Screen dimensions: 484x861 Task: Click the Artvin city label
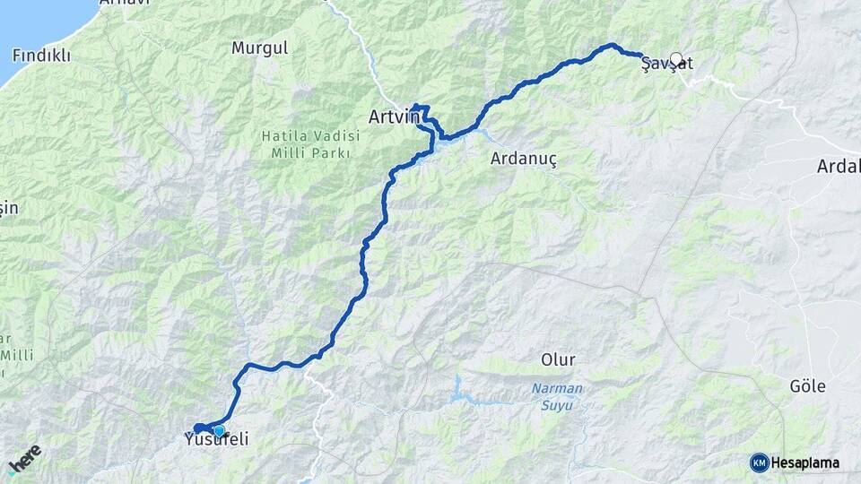pyautogui.click(x=395, y=117)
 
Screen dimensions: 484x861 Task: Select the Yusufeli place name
pyautogui.click(x=215, y=440)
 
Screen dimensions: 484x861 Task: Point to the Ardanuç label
pyautogui.click(x=524, y=160)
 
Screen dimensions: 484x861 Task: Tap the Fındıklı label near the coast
pyautogui.click(x=41, y=55)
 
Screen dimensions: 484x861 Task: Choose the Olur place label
pyautogui.click(x=558, y=359)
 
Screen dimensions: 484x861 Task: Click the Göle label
pyautogui.click(x=807, y=386)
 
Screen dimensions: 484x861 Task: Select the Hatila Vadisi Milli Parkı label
pyautogui.click(x=310, y=143)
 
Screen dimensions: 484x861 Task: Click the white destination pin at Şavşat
pyautogui.click(x=676, y=59)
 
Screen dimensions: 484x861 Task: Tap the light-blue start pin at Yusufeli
pyautogui.click(x=218, y=431)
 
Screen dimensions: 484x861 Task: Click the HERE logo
pyautogui.click(x=24, y=460)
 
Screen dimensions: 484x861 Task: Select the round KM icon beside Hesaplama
pyautogui.click(x=759, y=462)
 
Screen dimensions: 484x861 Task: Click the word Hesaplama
pyautogui.click(x=804, y=462)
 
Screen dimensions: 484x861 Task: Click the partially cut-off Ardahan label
pyautogui.click(x=839, y=166)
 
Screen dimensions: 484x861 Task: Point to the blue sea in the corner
pyautogui.click(x=36, y=22)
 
